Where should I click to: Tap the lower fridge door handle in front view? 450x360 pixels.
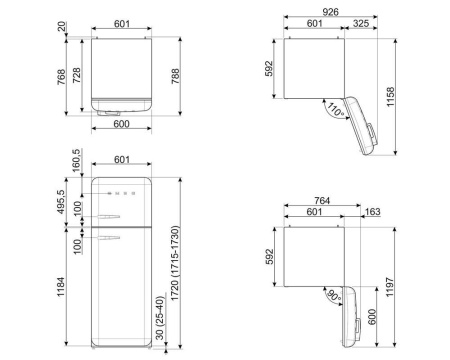(x=117, y=237)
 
